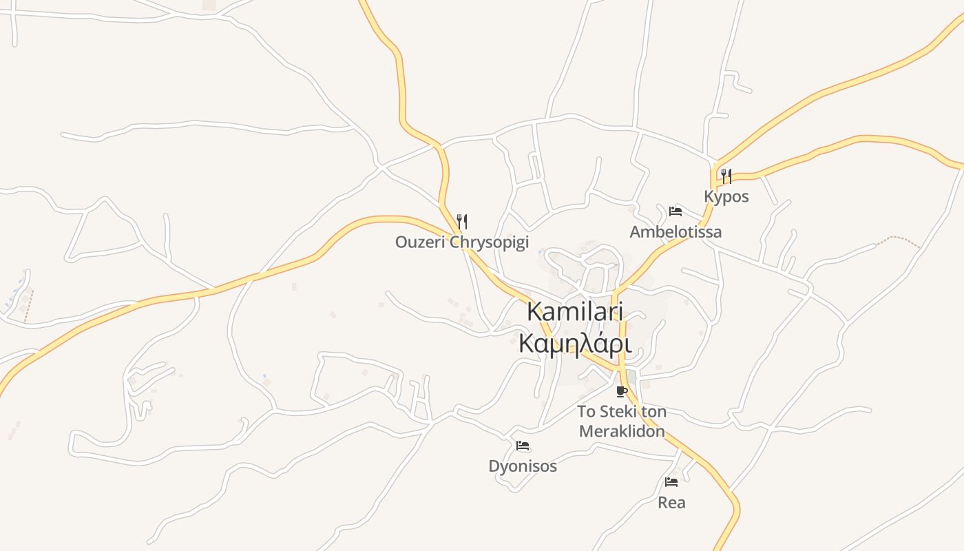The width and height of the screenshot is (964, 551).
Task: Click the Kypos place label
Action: pos(726,196)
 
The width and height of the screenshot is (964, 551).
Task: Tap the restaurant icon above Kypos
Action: pos(726,176)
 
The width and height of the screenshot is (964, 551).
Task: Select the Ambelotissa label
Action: pos(675,231)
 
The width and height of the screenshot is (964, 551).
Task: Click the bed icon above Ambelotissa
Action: pos(675,211)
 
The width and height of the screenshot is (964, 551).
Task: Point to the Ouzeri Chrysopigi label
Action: pos(461,242)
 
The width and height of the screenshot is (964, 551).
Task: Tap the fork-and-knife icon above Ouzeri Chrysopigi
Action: pos(462,221)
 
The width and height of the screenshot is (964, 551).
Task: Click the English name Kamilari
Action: pos(575,311)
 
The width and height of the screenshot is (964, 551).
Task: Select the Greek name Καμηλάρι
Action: pos(575,342)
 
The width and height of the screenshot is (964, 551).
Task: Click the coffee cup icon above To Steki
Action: pos(622,392)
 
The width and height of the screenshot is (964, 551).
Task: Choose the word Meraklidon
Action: pos(622,432)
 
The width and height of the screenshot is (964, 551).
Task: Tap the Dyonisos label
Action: pos(523,466)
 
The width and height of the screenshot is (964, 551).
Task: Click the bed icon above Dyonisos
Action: pos(523,446)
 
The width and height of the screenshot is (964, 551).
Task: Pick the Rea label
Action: pos(671,503)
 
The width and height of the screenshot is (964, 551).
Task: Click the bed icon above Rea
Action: pos(671,481)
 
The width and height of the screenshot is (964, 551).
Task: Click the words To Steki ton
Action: pos(622,412)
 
